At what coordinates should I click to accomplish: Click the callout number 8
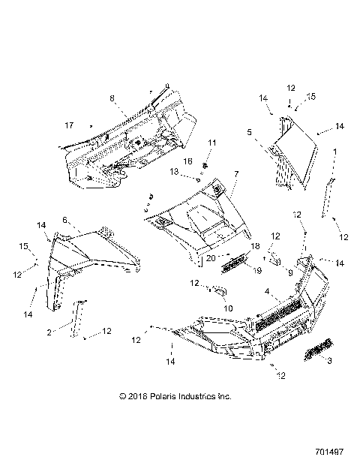(112, 98)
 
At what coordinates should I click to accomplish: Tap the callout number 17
(69, 125)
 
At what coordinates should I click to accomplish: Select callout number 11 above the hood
(190, 143)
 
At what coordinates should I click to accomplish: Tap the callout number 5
(248, 131)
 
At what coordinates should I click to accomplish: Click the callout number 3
(326, 359)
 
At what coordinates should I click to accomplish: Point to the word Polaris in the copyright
(159, 395)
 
